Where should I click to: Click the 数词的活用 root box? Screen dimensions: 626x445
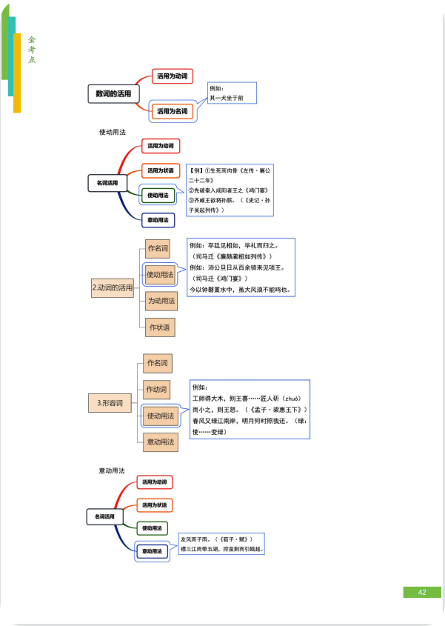click(113, 94)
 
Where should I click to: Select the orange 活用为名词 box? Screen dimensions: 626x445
click(172, 111)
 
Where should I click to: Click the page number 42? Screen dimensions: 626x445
click(421, 592)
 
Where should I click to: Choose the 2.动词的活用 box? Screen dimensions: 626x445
click(113, 287)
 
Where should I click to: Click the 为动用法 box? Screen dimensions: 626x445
click(160, 301)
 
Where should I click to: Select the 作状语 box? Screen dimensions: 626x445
click(160, 327)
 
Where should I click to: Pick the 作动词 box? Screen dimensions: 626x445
click(157, 390)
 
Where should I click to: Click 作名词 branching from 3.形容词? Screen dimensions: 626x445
click(157, 363)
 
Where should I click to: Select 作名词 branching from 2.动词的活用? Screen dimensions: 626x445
click(157, 248)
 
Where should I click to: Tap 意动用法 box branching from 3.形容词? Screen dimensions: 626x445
click(160, 442)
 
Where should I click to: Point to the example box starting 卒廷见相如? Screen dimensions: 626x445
click(241, 267)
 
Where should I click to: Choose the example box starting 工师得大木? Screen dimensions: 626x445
click(249, 409)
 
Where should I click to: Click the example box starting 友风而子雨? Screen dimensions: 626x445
click(221, 544)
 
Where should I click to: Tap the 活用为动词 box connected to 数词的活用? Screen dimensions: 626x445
click(172, 76)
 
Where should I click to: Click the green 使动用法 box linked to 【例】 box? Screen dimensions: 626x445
click(158, 196)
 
